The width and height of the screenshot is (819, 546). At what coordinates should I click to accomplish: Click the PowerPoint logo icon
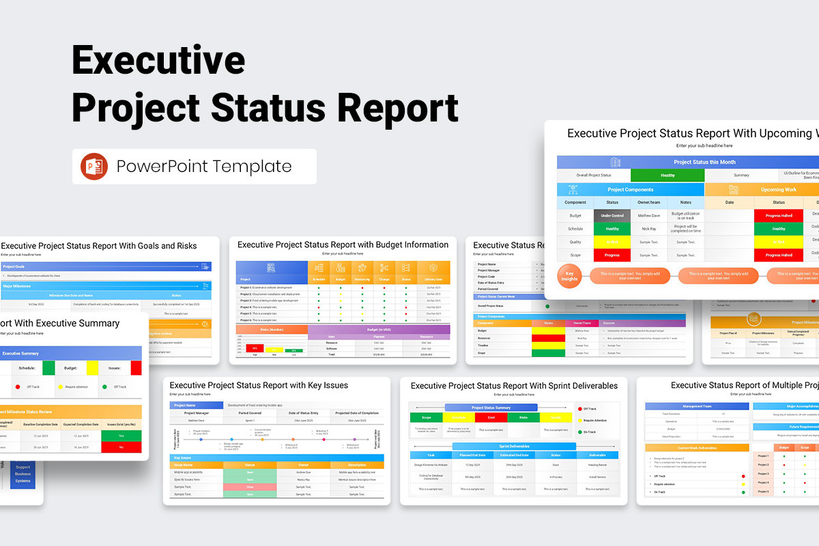pos(94,167)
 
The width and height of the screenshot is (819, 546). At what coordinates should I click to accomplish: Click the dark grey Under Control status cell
pos(612,216)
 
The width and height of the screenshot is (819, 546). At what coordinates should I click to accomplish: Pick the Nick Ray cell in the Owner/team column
pos(649,229)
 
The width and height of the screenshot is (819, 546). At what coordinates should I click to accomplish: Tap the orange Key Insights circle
pos(570,276)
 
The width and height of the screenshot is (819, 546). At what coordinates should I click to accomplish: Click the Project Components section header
pos(631,190)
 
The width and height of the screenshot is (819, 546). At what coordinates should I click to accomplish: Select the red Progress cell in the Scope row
pos(612,255)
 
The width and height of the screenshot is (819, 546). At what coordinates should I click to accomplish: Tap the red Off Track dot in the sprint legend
pos(579,408)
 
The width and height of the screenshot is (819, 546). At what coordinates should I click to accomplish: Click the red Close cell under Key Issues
pos(250,487)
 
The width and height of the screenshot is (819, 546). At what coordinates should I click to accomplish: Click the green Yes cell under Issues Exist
pos(121,435)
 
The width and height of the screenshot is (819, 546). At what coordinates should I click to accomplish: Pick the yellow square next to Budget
pos(92,368)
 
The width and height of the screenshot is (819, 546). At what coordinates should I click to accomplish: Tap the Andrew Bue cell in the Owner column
pos(304,472)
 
